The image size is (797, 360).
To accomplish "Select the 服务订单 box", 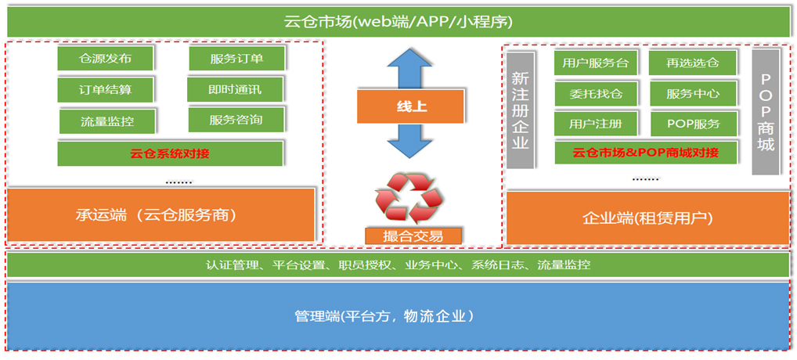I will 236,58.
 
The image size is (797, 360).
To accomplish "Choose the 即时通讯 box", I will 235,89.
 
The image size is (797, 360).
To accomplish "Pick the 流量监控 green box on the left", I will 107,121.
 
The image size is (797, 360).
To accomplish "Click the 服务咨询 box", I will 236,120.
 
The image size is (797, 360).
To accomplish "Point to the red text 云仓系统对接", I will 170,153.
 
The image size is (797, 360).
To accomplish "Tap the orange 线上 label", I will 411,106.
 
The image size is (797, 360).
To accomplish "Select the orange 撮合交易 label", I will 413,236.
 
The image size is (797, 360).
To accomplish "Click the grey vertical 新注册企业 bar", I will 520,110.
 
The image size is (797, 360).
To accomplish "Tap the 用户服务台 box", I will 596,63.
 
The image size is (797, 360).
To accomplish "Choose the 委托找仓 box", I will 596,94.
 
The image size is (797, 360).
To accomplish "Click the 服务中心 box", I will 693,94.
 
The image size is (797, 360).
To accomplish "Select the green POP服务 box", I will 693,124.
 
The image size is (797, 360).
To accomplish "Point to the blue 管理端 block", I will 397,316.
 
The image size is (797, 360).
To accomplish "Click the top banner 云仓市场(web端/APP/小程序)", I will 398,21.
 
